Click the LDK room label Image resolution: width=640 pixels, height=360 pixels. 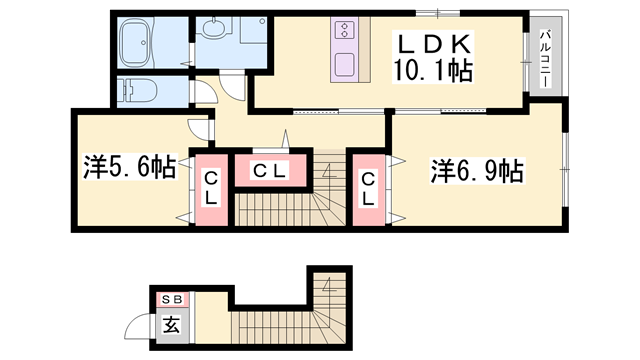click(x=433, y=46)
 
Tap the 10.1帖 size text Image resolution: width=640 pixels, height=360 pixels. click(x=434, y=72)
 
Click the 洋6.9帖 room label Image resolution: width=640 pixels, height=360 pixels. click(x=477, y=171)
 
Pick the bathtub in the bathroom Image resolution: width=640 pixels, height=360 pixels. click(x=148, y=42)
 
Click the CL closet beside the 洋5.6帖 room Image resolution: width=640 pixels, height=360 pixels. click(x=212, y=188)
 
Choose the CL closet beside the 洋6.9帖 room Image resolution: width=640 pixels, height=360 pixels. click(x=368, y=188)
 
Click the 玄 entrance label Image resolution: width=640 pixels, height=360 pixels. click(x=171, y=324)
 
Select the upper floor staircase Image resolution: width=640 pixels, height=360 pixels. click(x=290, y=205)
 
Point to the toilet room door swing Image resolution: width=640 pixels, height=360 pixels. click(x=204, y=92)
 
